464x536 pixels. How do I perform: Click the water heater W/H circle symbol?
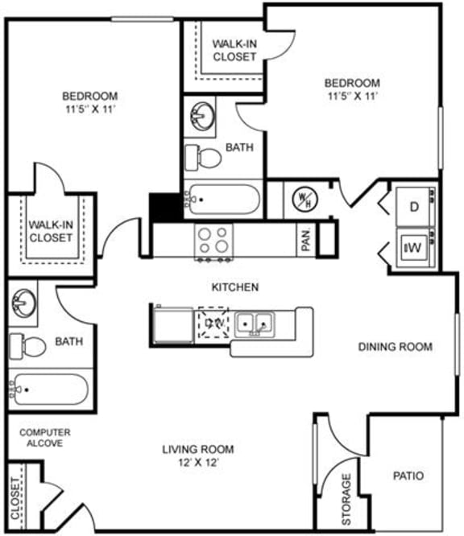304,198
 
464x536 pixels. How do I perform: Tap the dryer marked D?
414,207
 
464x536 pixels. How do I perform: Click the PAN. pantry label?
307,239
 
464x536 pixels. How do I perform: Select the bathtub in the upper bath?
223,198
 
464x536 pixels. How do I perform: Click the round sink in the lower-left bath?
24,303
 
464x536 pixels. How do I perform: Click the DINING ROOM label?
396,347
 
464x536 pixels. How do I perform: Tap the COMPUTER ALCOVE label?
45,438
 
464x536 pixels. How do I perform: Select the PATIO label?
407,476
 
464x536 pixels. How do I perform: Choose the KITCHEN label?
234,287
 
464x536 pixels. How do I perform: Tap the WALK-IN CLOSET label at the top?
234,50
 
